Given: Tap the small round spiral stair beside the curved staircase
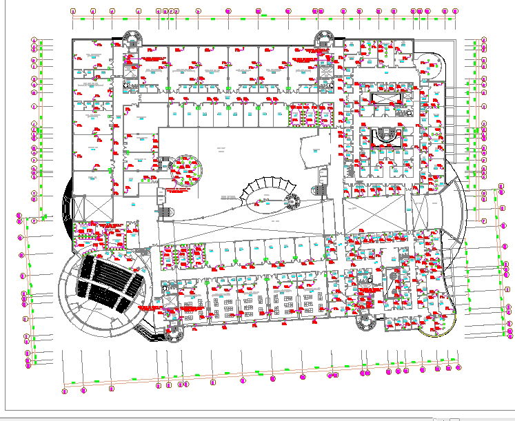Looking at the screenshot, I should click(292, 201).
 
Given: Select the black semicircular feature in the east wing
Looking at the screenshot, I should click(385, 136).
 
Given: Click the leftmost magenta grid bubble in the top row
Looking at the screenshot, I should click(74, 11).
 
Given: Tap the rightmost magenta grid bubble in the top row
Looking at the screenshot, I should click(454, 11).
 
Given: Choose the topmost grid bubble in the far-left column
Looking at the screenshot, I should click(34, 41).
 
